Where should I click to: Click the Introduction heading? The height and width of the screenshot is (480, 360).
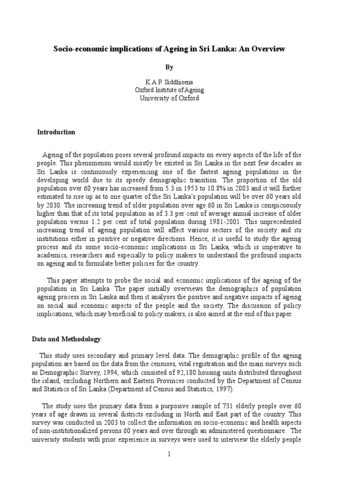(x=56, y=132)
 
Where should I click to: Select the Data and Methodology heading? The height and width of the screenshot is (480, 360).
(x=66, y=338)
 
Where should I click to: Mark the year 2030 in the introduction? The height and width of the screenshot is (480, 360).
(x=50, y=205)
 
